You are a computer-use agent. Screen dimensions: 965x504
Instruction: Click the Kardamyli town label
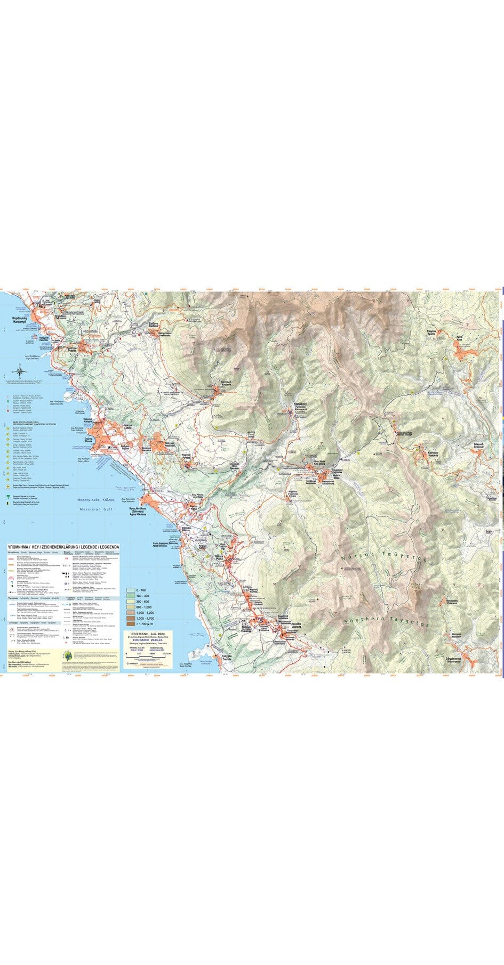(x=15, y=319)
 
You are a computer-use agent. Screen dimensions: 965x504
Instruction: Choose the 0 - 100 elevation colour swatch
(x=131, y=590)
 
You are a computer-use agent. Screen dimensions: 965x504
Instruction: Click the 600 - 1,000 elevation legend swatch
(x=131, y=607)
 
